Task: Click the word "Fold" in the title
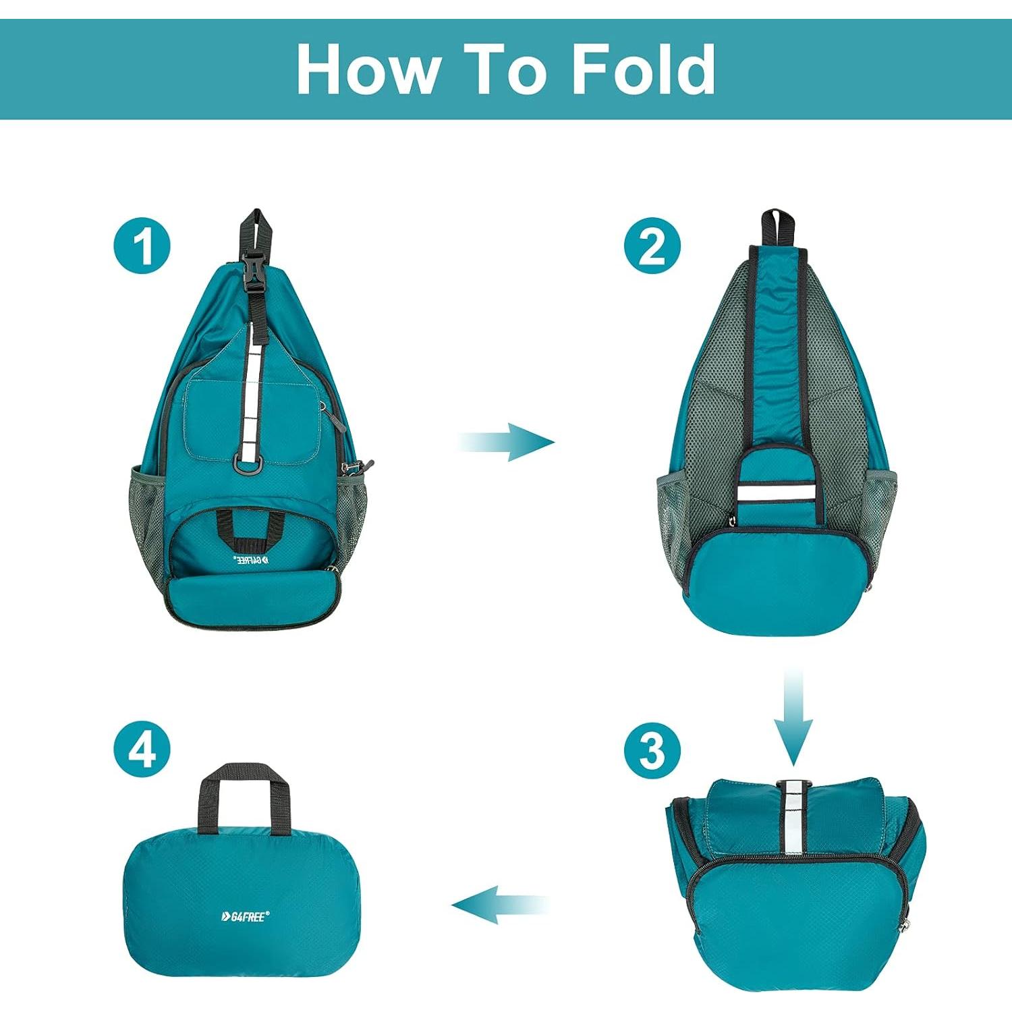(x=643, y=69)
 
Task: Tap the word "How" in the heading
(x=368, y=69)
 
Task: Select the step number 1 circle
(x=142, y=246)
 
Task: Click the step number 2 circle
(x=652, y=246)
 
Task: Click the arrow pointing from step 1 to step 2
(x=507, y=443)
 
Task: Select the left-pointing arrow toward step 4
(x=499, y=905)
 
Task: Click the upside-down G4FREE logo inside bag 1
(x=251, y=559)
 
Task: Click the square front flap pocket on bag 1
(x=251, y=418)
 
